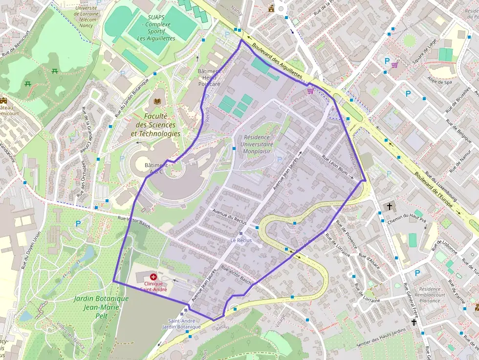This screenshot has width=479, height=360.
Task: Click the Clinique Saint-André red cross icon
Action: [x=153, y=276]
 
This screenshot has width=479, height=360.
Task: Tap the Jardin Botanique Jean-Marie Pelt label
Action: [x=101, y=302]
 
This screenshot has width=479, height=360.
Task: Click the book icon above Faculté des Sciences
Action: [x=157, y=102]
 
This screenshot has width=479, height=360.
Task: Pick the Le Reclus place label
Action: [x=240, y=240]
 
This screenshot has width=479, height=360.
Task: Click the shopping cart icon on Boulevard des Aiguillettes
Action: [x=310, y=90]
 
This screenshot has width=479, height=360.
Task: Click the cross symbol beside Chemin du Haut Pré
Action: [x=390, y=207]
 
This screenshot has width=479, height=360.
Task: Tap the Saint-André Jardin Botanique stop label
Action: [x=181, y=323]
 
